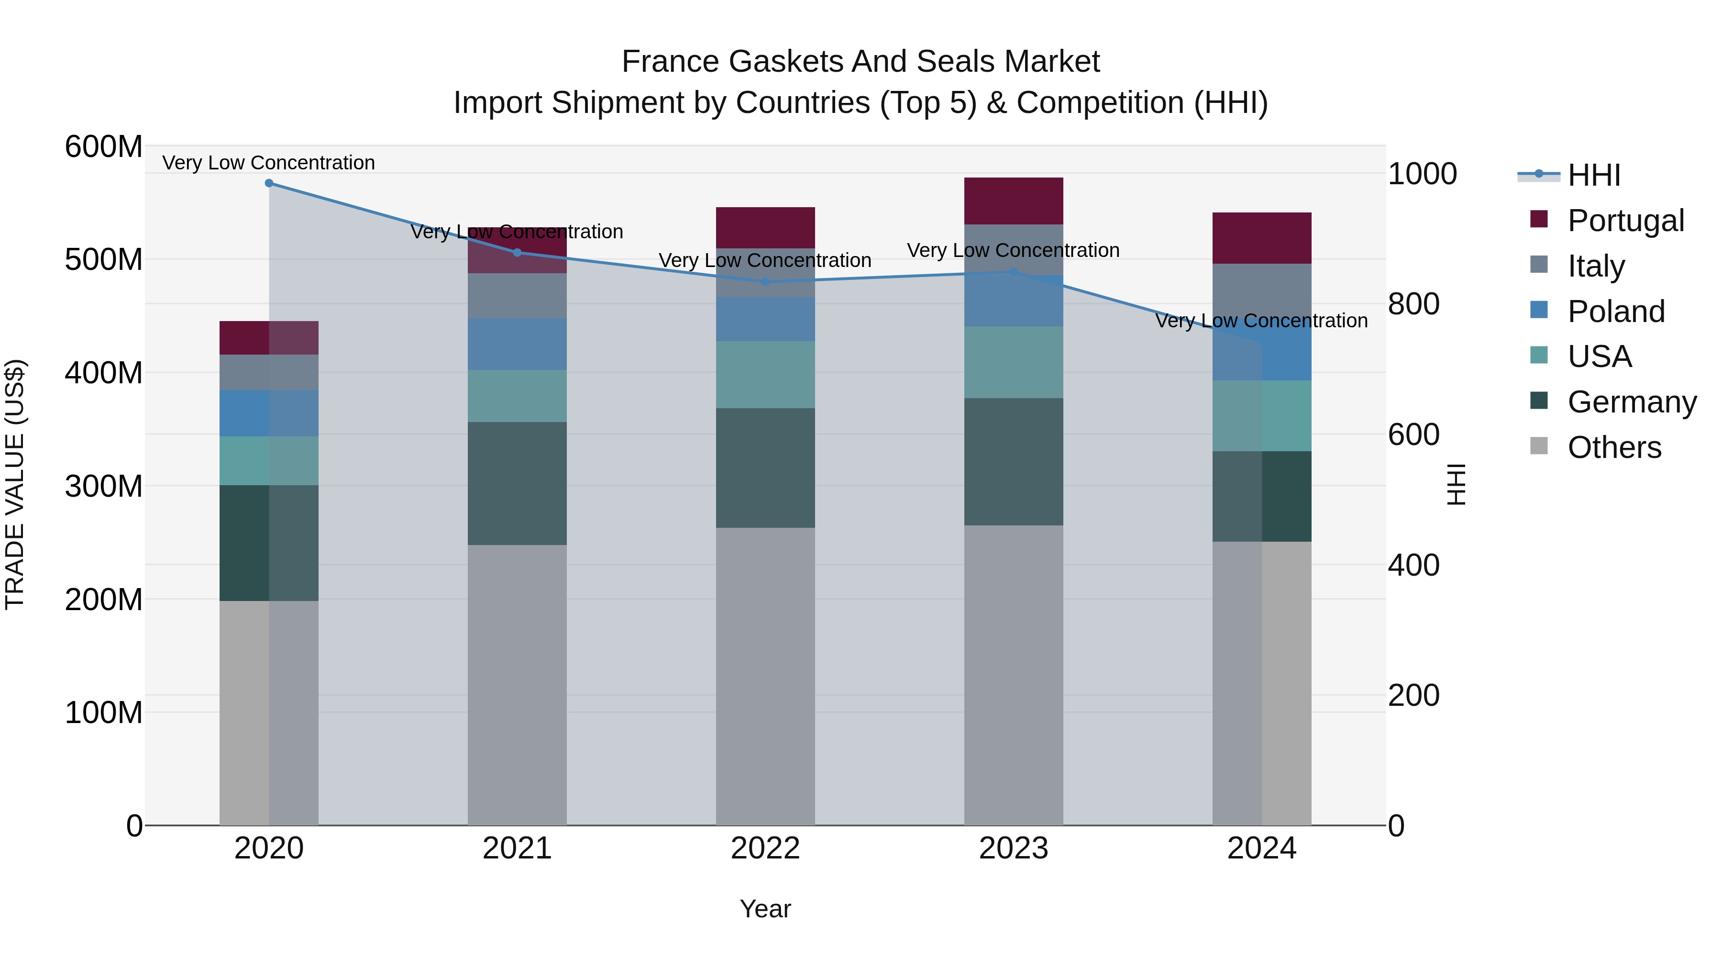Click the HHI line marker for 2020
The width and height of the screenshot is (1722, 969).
click(x=269, y=183)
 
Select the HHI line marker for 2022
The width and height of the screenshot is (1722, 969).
click(x=765, y=281)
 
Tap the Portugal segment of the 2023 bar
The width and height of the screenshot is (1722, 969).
click(x=1014, y=200)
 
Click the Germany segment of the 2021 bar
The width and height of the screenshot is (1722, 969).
click(x=517, y=483)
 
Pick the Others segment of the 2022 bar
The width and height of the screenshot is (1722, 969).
click(x=765, y=675)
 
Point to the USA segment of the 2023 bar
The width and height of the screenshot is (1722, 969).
click(x=1014, y=362)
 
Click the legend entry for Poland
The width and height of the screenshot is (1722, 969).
click(x=1616, y=312)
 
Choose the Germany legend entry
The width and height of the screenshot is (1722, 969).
click(x=1631, y=402)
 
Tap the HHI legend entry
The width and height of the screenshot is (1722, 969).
click(x=1594, y=175)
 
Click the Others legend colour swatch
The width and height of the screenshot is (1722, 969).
click(x=1539, y=446)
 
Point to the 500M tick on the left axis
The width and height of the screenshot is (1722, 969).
click(x=104, y=259)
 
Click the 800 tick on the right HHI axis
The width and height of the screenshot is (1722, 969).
click(x=1413, y=303)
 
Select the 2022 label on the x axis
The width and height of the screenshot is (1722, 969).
click(x=765, y=848)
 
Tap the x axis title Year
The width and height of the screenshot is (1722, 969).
click(x=765, y=909)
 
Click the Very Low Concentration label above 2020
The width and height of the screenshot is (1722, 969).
click(x=269, y=163)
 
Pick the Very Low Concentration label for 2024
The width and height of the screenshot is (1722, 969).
click(x=1261, y=321)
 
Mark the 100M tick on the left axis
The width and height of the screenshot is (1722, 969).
click(x=104, y=713)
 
